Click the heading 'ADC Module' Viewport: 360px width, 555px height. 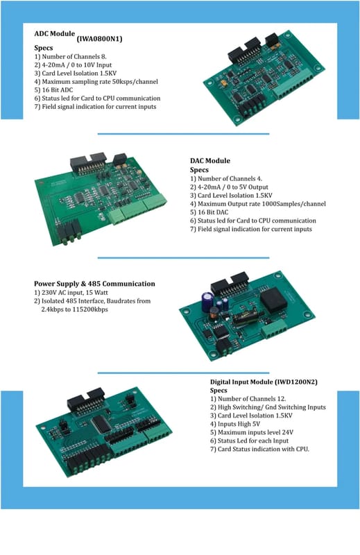55,34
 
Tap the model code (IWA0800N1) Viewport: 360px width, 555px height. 99,39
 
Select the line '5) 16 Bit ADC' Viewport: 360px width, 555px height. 53,90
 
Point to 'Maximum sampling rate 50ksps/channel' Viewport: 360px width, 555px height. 100,82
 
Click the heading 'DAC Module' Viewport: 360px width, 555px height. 210,161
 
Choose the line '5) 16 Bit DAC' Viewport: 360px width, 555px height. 209,212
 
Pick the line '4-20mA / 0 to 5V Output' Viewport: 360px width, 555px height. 233,187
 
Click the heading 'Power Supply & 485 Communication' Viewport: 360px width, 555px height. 94,284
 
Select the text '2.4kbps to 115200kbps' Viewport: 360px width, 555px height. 75,309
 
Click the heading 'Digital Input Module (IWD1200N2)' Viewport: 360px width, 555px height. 264,382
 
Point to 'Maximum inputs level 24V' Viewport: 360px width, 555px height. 255,432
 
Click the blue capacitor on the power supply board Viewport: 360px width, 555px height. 207,301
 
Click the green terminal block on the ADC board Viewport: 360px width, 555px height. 293,84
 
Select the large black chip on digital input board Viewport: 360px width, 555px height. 102,423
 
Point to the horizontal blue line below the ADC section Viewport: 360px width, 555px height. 183,134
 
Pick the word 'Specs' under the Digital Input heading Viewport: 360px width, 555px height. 218,391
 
